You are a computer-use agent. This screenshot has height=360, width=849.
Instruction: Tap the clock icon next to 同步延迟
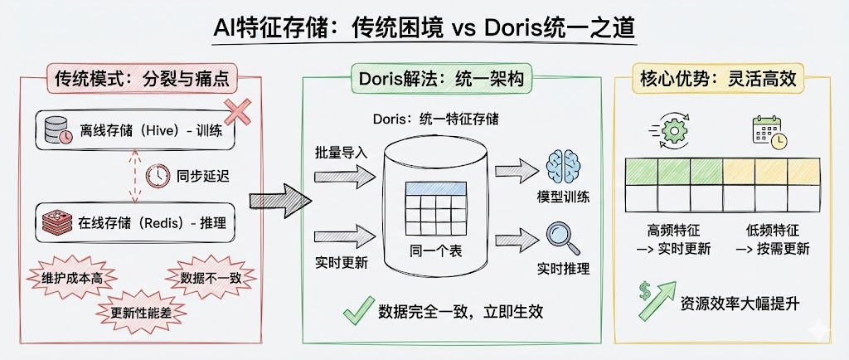(x=157, y=176)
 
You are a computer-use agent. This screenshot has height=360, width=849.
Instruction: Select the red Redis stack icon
(x=57, y=221)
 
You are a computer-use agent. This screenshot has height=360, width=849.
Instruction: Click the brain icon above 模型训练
(x=561, y=167)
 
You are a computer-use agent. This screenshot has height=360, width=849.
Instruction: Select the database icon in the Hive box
(x=57, y=131)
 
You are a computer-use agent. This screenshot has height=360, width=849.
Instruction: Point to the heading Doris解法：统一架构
(x=439, y=79)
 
